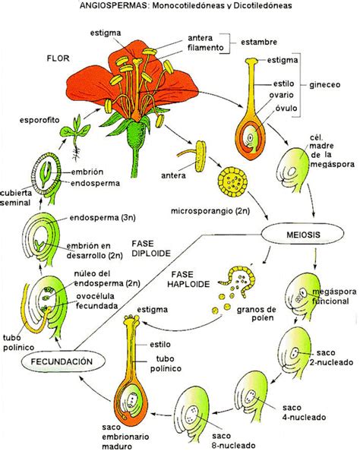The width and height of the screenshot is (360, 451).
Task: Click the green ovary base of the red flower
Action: click(137, 136)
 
